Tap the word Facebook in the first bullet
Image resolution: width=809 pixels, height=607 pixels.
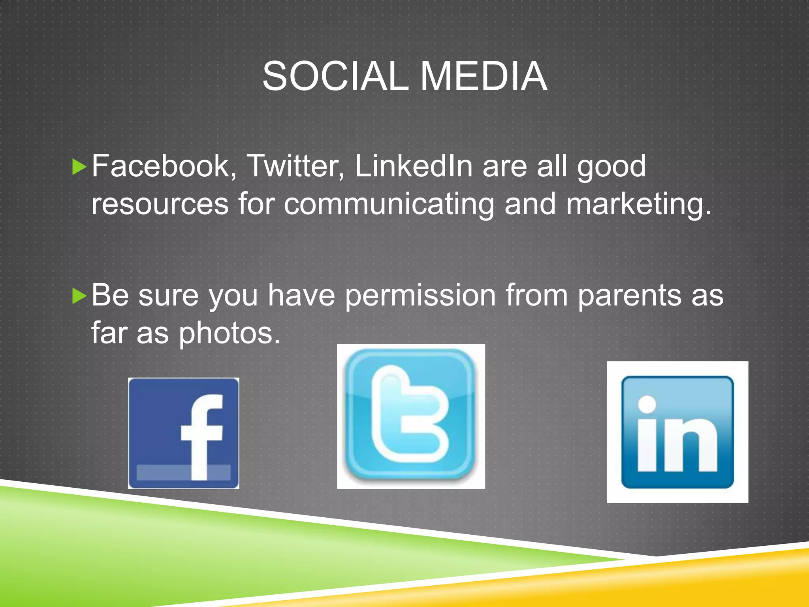point(162,166)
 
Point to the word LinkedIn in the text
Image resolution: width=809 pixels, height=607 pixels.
point(413,166)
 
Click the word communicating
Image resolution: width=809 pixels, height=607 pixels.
point(389,204)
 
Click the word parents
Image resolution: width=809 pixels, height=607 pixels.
point(630,296)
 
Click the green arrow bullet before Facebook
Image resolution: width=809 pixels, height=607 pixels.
point(79,167)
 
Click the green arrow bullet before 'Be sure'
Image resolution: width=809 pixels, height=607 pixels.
point(79,296)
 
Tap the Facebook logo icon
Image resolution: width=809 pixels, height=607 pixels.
point(183,433)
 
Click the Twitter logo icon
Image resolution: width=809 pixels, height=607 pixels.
point(411,416)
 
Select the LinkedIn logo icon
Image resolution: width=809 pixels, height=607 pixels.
point(677,432)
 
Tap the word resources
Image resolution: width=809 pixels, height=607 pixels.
point(160,204)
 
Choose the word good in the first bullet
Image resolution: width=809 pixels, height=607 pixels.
point(611,167)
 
